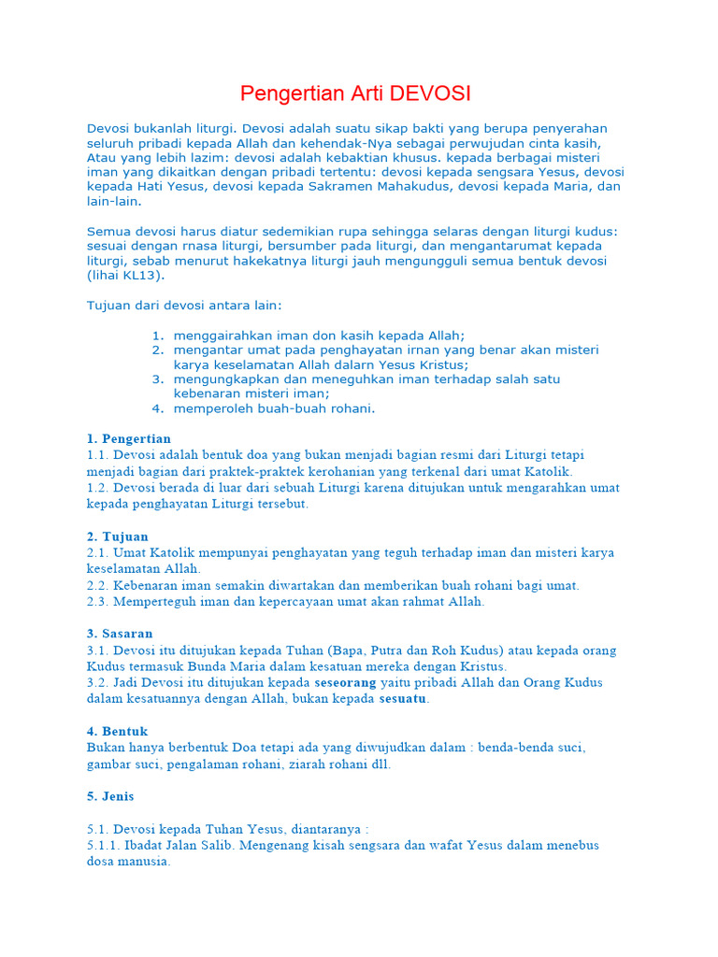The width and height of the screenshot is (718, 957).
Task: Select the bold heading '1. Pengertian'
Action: pos(129,438)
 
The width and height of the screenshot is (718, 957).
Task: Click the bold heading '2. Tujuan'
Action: pos(118,536)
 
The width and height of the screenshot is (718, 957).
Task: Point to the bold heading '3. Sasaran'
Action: pos(120,634)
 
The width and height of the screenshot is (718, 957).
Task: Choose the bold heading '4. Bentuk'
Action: pos(118,731)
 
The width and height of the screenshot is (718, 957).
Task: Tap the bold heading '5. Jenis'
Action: pos(110,796)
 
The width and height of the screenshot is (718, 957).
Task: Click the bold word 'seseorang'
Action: pos(345,682)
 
